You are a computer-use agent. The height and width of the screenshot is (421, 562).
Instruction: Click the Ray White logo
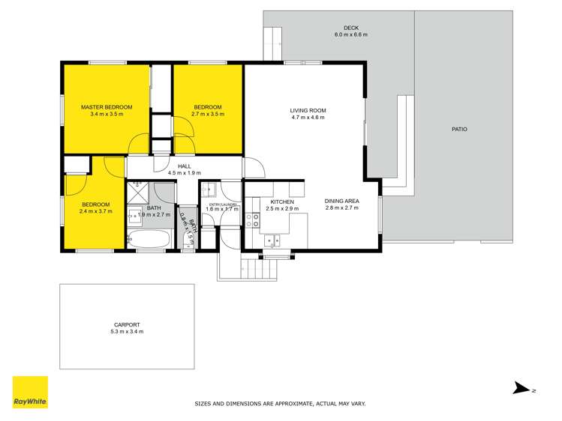30,392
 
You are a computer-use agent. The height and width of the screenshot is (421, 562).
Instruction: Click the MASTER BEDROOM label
107,107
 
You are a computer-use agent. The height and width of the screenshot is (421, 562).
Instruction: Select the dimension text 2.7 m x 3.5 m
208,114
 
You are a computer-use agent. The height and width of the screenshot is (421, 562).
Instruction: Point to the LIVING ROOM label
308,111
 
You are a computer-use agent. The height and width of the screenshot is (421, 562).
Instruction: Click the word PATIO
459,130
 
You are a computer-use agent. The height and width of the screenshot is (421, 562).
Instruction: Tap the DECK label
350,28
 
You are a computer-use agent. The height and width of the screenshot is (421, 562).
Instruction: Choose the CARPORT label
126,324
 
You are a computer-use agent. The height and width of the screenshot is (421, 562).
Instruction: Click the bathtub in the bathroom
150,240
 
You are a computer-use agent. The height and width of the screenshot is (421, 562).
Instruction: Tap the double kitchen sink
272,240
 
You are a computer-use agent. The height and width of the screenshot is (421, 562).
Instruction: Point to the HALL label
184,166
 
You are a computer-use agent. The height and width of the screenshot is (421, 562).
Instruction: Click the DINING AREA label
341,201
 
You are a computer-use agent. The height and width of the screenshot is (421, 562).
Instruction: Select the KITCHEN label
282,202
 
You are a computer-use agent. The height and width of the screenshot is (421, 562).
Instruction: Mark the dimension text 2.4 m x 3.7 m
95,211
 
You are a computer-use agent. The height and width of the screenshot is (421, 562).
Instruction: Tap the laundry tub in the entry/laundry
212,190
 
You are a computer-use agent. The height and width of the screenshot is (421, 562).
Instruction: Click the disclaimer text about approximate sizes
280,404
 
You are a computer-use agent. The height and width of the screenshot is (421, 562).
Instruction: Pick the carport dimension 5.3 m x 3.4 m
126,331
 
